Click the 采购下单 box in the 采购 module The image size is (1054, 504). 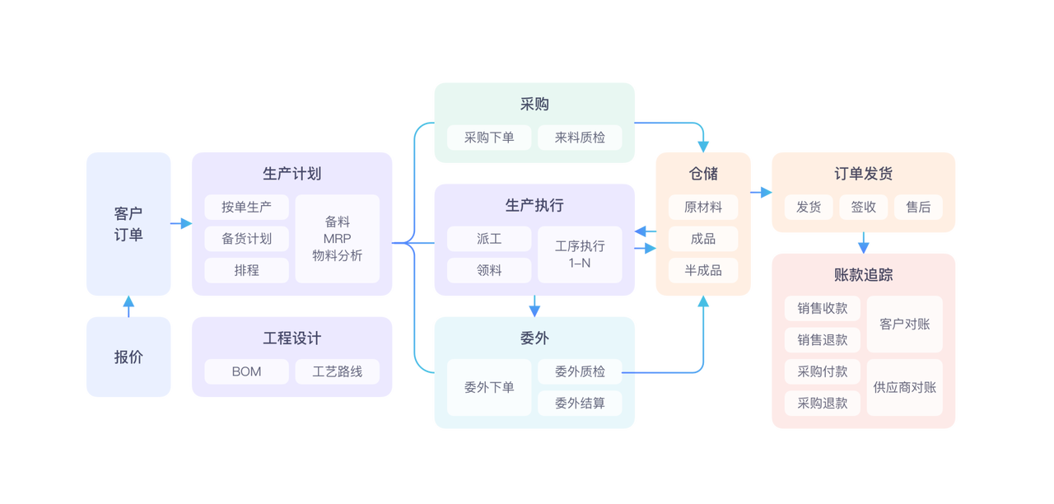489,138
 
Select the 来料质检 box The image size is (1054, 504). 580,138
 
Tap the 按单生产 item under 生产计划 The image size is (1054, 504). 246,207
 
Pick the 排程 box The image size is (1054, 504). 246,270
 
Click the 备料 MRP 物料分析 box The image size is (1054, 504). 337,239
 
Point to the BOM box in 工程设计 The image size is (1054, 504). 246,371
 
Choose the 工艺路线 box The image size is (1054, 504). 337,371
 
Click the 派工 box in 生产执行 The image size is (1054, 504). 489,239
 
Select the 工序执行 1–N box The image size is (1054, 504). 580,254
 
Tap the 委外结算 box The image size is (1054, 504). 580,403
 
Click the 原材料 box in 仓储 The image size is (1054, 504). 703,208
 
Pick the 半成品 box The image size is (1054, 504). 703,270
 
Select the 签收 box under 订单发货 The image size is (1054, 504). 863,208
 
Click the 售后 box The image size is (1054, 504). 918,208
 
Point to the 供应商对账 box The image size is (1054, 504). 904,387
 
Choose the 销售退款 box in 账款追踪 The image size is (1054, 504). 822,340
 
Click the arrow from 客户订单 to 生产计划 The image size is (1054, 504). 181,223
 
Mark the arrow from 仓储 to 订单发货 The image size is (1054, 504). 762,192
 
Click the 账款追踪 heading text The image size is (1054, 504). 863,275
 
